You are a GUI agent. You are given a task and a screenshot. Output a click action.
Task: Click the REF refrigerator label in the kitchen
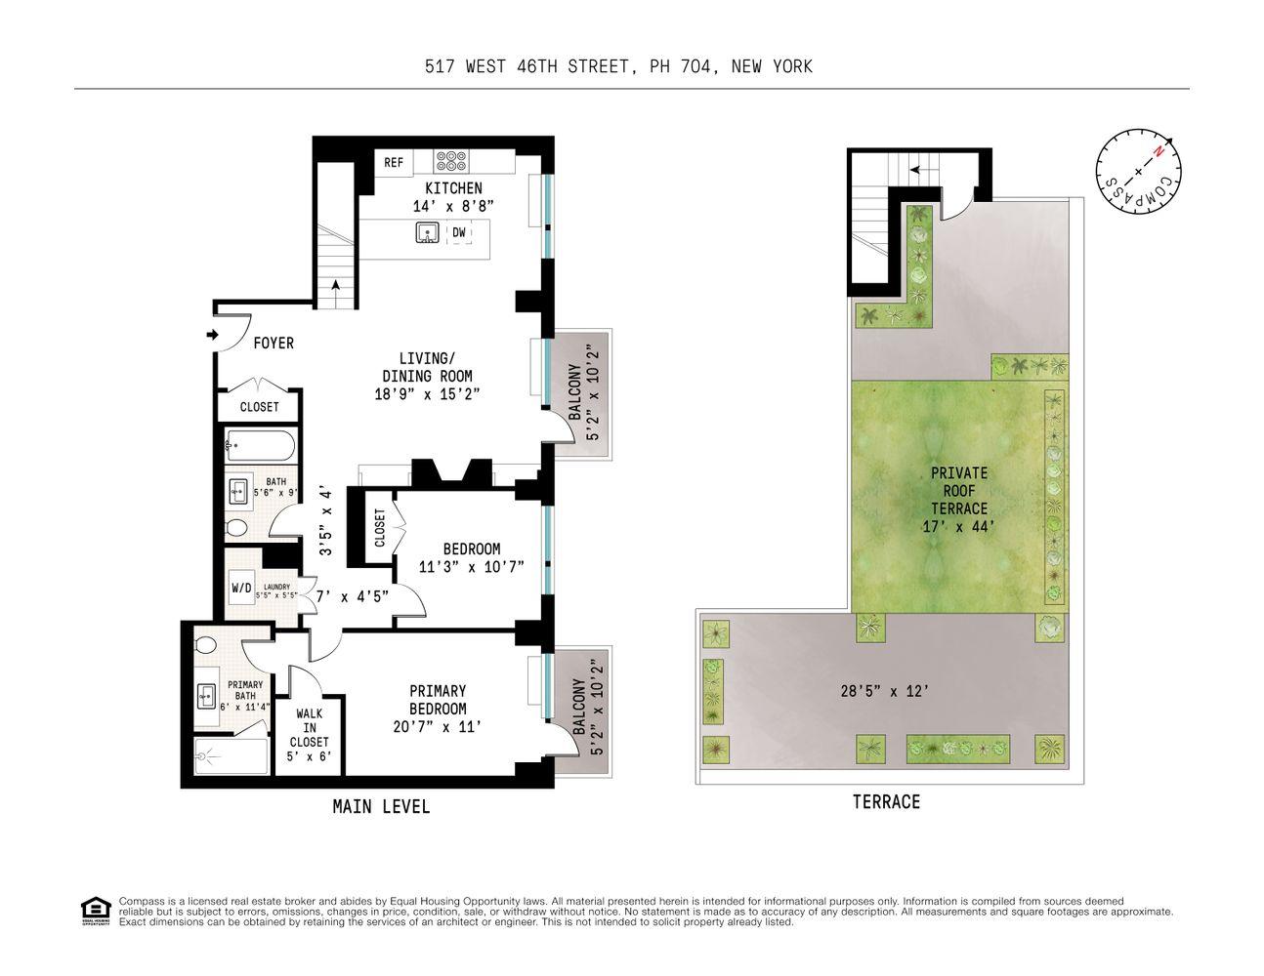pos(394,163)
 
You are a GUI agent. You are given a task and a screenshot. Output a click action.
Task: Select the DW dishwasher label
pos(458,232)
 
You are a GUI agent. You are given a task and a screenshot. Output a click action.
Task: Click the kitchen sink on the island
pos(427,233)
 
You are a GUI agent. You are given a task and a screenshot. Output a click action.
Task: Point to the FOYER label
pos(274,344)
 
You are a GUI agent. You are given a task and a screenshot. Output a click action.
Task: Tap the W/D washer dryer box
pos(240,589)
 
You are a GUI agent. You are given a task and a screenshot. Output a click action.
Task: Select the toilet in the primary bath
pos(205,646)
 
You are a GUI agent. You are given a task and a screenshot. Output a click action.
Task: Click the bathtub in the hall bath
pos(258,446)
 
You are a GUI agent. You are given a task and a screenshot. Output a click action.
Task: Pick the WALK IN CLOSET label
pos(310,727)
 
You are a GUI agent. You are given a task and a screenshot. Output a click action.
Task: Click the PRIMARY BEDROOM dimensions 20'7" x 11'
pos(438,727)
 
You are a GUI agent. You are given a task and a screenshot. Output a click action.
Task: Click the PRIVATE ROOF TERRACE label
pos(958,490)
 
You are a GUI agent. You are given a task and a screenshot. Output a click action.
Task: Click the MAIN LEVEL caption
pos(381,807)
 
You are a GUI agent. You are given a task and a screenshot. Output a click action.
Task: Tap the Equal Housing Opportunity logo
pos(94,910)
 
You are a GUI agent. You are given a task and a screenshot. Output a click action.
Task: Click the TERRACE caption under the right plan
pos(886,802)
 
